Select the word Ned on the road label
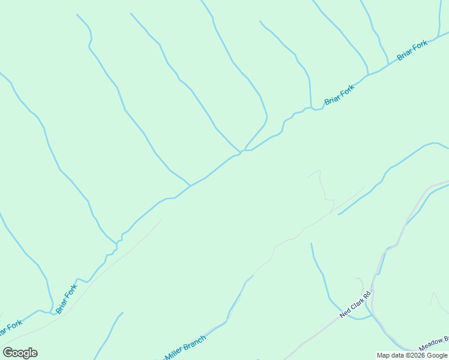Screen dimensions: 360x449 coord(345,313)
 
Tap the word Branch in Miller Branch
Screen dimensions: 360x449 coord(193,343)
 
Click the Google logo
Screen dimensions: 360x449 coord(20,352)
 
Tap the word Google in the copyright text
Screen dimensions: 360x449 coord(437,355)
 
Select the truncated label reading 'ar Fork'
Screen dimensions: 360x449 coord(10,328)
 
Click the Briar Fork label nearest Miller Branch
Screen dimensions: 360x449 coord(67,298)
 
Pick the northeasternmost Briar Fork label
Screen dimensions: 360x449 coord(412,50)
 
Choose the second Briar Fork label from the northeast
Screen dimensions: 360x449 coord(339,94)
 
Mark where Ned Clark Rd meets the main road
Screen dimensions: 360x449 coord(373,292)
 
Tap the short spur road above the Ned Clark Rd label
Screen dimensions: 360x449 coord(361,282)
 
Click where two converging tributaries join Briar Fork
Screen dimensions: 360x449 coord(243,151)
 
